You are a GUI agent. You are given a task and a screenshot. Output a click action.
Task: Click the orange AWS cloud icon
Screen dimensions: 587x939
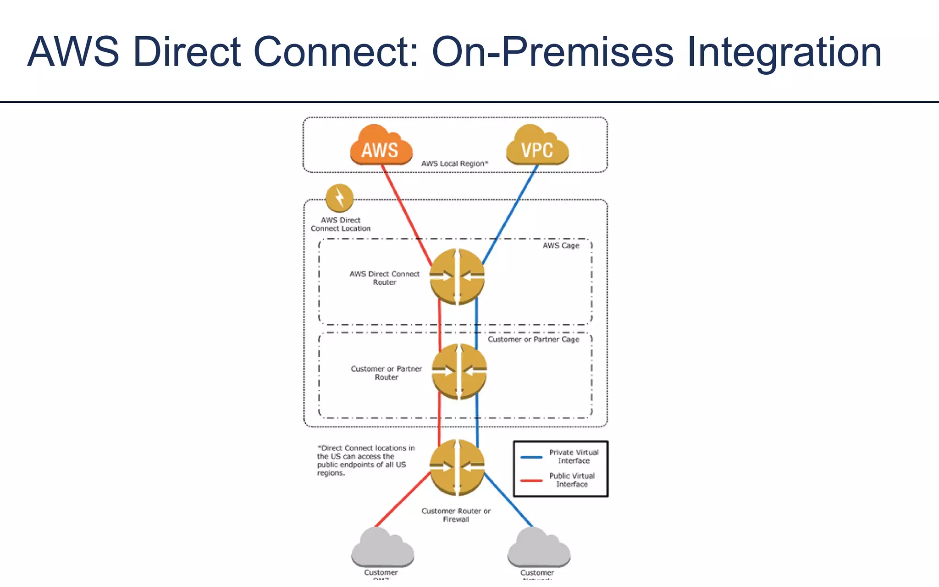pos(381,146)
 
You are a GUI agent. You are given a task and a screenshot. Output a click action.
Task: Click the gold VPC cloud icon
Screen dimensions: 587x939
pos(537,146)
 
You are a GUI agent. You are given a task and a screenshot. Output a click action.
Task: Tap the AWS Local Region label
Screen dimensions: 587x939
pos(454,164)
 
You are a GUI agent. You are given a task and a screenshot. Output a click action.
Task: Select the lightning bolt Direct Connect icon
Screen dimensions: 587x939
pos(339,198)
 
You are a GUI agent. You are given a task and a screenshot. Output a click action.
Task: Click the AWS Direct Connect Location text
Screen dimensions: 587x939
pos(340,224)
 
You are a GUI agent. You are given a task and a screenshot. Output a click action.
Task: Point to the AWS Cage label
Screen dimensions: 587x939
pos(561,246)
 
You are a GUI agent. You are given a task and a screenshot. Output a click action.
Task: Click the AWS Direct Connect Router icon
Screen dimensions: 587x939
pos(457,277)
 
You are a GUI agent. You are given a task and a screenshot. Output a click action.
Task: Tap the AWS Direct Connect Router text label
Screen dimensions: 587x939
pos(384,278)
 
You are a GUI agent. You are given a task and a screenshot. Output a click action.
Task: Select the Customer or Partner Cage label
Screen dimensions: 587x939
pos(533,339)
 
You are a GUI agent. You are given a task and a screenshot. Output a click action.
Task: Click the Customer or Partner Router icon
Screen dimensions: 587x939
pos(459,371)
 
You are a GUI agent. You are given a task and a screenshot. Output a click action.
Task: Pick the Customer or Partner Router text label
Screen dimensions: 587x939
pos(386,373)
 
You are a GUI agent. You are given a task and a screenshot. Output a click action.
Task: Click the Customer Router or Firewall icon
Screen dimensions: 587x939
pos(457,467)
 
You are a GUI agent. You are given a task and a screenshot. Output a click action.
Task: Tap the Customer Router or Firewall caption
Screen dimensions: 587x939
pos(456,515)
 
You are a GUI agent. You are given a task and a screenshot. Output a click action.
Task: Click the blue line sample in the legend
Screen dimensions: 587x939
pos(531,457)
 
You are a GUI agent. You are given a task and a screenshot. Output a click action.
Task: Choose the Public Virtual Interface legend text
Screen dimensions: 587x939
pos(572,480)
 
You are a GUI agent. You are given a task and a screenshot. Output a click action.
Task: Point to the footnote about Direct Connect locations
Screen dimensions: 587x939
pos(365,460)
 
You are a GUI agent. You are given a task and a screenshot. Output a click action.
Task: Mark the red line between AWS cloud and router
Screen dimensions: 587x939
pos(406,213)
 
